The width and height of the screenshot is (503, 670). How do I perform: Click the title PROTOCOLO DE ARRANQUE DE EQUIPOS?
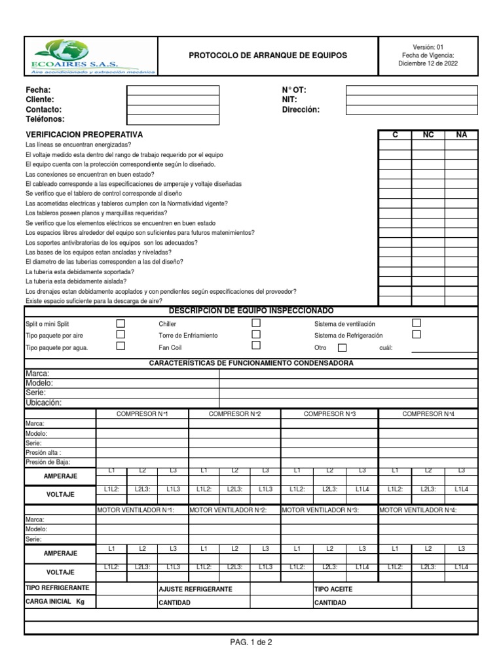(268, 56)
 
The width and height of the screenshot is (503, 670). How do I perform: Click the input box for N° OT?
(411, 90)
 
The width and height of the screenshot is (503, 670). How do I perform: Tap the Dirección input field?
(411, 110)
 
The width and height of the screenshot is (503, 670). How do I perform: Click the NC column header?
(428, 134)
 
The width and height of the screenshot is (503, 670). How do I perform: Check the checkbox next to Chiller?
(256, 323)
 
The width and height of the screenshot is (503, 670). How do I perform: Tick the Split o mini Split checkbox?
(121, 323)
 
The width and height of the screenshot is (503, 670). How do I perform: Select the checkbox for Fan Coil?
(256, 345)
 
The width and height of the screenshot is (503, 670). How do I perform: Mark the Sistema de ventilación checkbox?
(416, 323)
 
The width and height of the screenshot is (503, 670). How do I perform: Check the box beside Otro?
(342, 348)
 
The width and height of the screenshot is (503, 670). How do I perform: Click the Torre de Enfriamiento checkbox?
(256, 334)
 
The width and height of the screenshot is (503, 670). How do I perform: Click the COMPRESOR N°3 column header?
(329, 414)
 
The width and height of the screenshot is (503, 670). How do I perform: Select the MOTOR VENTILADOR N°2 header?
(227, 510)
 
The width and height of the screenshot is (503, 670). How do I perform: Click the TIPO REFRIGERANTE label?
(57, 588)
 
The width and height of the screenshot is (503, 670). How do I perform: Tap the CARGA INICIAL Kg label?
(56, 601)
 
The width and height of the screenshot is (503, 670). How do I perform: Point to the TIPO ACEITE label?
(333, 590)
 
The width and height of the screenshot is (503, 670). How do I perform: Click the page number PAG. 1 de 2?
(251, 642)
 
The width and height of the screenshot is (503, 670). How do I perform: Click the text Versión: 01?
(428, 47)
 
